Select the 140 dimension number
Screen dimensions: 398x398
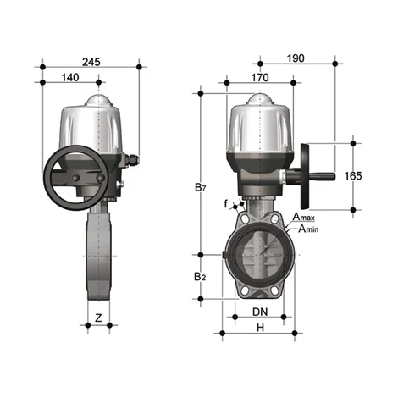tap(70, 77)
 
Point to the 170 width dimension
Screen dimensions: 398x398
tap(260, 77)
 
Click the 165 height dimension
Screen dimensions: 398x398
tap(354, 175)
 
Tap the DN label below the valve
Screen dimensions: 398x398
tap(262, 312)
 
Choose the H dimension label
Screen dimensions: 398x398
tap(261, 328)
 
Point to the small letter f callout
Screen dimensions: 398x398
tap(226, 204)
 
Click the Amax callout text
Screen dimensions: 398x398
tap(304, 218)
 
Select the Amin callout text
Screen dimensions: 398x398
tap(304, 229)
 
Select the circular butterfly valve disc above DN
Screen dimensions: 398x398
tap(261, 254)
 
